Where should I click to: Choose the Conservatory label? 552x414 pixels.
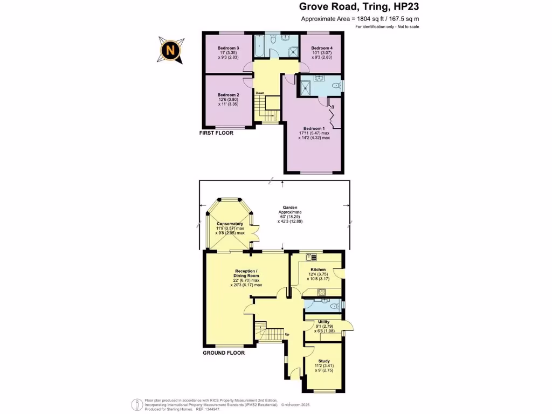(x=230, y=224)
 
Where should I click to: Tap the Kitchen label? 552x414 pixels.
(x=318, y=269)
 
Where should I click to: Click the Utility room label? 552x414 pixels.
(x=323, y=322)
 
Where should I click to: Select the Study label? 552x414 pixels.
(x=324, y=362)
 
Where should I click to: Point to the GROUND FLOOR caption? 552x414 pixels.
(x=223, y=353)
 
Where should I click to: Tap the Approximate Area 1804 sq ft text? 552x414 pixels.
(x=360, y=19)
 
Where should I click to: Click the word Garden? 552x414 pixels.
(x=291, y=207)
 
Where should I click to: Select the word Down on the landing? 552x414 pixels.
(x=260, y=93)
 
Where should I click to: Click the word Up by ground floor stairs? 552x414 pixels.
(x=287, y=335)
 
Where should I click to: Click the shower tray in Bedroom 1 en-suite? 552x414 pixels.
(x=306, y=86)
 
